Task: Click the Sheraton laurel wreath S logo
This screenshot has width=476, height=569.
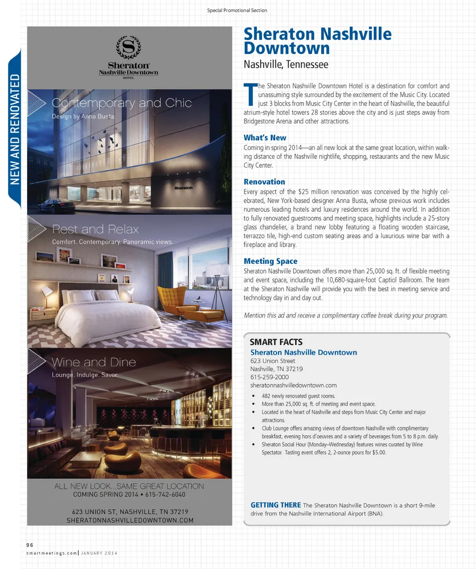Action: coord(128,48)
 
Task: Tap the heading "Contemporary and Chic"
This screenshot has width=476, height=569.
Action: coord(121,103)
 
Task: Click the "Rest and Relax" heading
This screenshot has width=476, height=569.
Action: coord(95,229)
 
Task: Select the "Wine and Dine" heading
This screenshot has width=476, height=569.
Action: coord(94,362)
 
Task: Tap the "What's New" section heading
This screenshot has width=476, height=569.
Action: coord(265,138)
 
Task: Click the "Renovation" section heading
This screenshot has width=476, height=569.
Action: coord(264,182)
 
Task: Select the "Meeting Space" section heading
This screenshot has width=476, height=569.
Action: coord(270,261)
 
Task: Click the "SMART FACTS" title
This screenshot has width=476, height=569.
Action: coord(276,342)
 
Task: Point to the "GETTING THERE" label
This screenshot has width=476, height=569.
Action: coord(276,505)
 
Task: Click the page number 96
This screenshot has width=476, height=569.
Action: coord(29,545)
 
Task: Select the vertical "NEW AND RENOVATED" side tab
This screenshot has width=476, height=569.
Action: coord(14,129)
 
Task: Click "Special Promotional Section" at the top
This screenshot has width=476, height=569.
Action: coord(237,10)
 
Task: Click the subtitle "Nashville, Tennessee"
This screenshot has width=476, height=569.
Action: coord(286,64)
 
